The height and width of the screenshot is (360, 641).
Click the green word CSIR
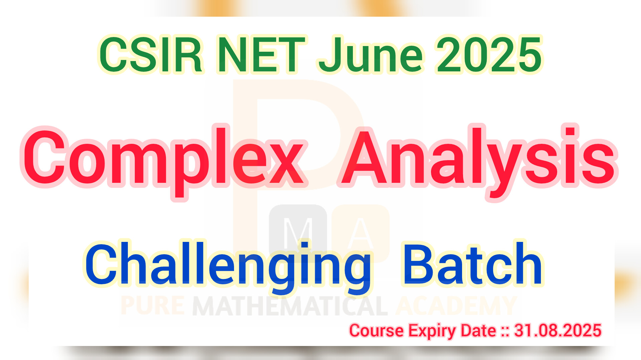151,55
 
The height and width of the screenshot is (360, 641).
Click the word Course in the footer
377,330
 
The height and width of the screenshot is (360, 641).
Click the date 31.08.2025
558,330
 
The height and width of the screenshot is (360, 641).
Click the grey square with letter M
298,230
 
